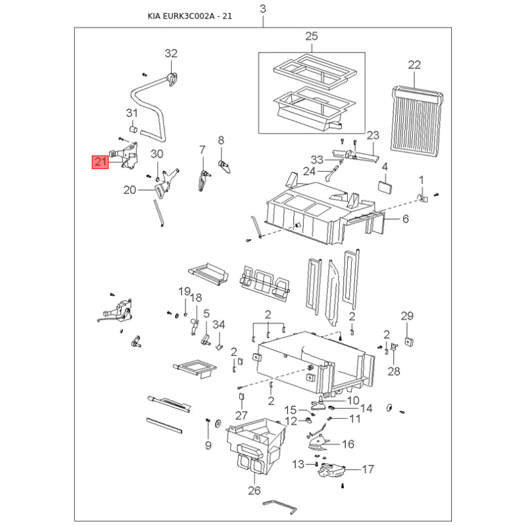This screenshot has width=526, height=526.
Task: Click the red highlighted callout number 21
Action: (x=101, y=162)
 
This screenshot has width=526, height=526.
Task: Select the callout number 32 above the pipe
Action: (x=171, y=53)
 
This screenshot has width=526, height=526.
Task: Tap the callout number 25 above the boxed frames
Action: (x=311, y=36)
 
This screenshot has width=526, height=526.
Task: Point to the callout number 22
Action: (x=414, y=64)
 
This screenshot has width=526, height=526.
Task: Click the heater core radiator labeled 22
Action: (x=417, y=122)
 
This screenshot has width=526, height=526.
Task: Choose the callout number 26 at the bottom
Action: (x=254, y=490)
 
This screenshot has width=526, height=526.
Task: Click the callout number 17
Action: (x=368, y=469)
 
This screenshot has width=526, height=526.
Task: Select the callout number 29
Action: (x=407, y=316)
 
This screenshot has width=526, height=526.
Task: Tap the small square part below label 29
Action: (x=409, y=342)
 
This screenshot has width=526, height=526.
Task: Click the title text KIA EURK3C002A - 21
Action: (x=190, y=16)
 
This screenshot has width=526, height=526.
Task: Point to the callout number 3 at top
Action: (x=263, y=9)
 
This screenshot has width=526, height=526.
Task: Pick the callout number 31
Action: (x=132, y=113)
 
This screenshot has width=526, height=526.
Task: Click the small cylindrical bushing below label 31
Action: (x=133, y=129)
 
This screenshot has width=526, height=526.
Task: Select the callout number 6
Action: (x=406, y=219)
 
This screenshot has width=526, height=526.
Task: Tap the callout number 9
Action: (x=208, y=446)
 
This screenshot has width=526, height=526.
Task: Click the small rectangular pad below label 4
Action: (x=385, y=187)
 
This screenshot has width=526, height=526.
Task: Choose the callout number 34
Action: (x=219, y=324)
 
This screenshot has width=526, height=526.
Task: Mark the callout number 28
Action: (x=394, y=371)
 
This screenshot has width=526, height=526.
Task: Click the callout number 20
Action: (x=130, y=190)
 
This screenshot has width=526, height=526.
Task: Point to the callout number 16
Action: (x=348, y=444)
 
